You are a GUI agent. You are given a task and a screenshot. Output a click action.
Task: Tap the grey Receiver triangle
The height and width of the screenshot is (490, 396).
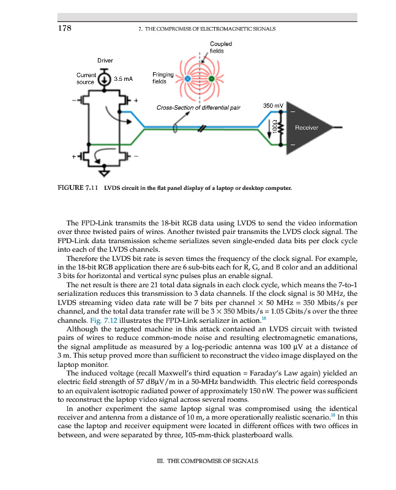[x=304, y=128]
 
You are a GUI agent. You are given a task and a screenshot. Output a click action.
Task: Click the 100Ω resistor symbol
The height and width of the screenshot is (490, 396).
[x=282, y=129]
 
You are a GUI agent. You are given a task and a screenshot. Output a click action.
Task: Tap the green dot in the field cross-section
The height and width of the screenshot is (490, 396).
[x=212, y=79]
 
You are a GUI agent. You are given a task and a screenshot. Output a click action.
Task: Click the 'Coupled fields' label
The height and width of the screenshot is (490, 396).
[x=220, y=48]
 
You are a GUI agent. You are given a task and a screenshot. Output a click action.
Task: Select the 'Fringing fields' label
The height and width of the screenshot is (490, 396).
[x=162, y=78]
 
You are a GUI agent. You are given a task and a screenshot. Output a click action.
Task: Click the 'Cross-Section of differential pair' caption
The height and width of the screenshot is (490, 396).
[x=198, y=108]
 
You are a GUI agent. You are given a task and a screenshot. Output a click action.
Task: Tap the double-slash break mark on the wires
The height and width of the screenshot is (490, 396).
[x=200, y=129]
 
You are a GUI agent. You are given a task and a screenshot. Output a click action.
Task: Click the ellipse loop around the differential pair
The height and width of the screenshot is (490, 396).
[x=175, y=129]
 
